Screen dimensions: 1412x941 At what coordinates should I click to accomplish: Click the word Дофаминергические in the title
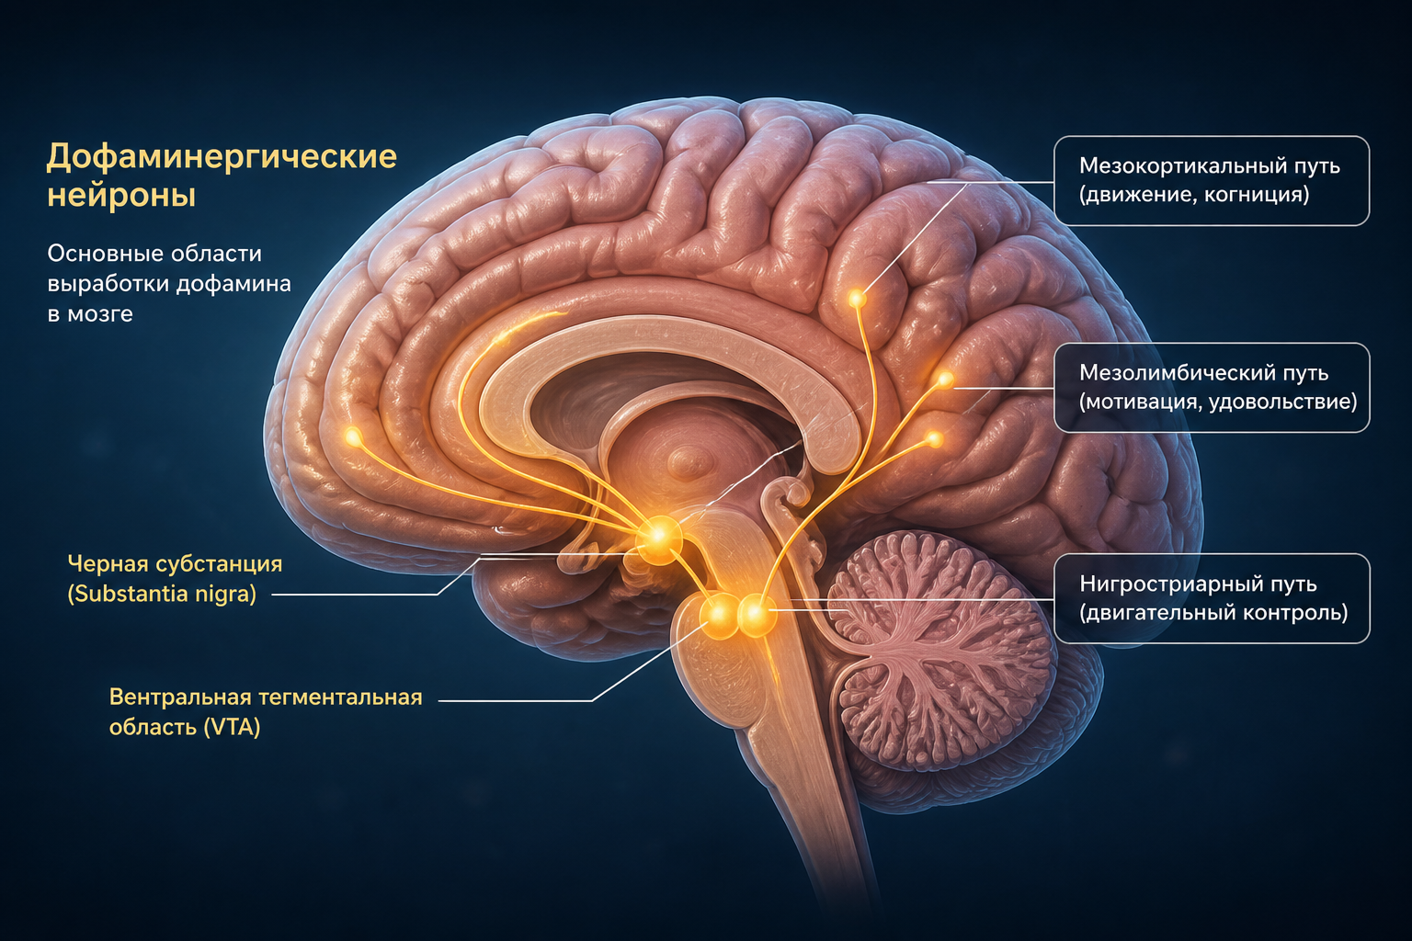point(222,156)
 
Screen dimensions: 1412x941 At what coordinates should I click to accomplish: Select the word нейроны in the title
point(121,195)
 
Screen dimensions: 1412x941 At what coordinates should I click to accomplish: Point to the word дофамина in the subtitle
point(233,284)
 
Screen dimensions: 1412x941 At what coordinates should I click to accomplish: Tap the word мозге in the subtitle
point(100,314)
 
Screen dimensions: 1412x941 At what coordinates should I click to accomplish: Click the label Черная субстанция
point(175,564)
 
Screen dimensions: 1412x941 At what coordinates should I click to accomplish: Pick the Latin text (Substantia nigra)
point(162,594)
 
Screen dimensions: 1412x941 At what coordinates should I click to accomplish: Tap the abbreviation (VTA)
point(232,727)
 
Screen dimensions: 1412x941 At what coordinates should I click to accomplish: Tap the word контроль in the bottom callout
point(1299,613)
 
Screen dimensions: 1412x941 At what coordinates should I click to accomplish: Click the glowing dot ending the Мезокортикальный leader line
point(857,298)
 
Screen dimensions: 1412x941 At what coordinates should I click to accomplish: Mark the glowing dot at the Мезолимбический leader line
point(944,379)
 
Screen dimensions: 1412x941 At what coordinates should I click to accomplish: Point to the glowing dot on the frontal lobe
point(353,436)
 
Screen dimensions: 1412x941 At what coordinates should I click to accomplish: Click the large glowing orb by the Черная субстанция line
point(659,537)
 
